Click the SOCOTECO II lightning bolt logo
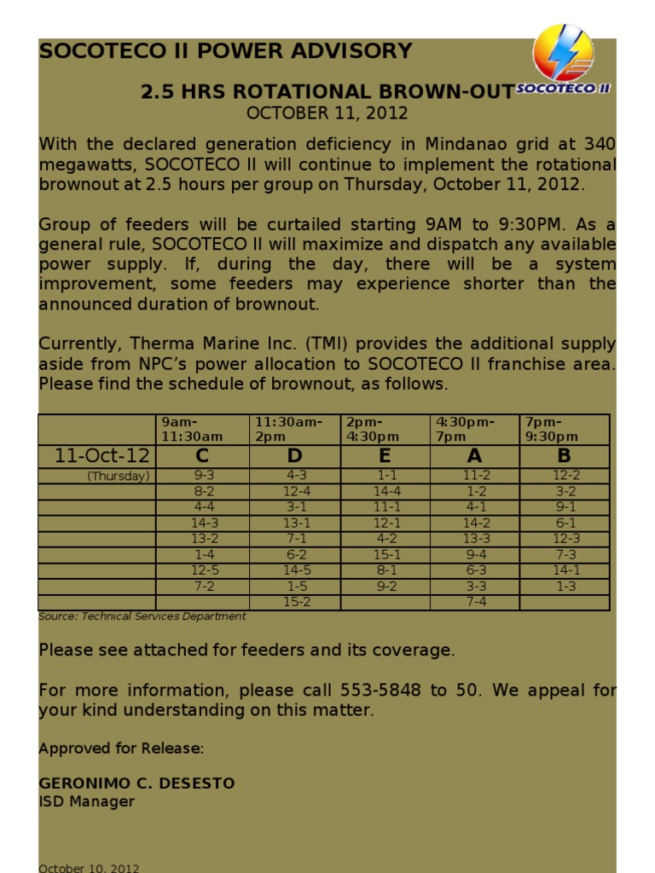(563, 55)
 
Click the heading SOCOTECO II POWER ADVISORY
(225, 51)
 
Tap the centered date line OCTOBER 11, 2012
(327, 113)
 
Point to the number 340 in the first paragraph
(599, 144)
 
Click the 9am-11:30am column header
(192, 429)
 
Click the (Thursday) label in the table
(119, 476)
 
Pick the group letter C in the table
(204, 456)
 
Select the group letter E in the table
(385, 456)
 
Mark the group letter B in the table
(564, 456)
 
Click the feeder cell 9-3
(205, 476)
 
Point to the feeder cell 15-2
(296, 602)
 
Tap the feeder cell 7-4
(476, 602)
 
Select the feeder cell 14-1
(565, 570)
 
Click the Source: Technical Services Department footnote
(142, 616)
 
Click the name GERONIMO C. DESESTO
(136, 783)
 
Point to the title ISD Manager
(86, 801)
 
